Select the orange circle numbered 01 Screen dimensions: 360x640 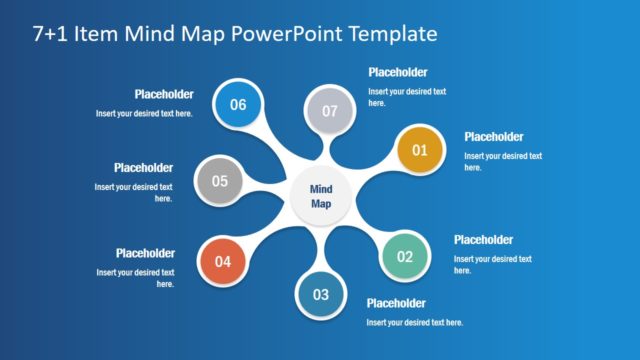click(420, 151)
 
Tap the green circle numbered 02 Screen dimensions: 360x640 click(405, 256)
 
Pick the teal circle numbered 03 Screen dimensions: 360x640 click(321, 294)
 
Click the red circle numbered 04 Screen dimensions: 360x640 click(223, 262)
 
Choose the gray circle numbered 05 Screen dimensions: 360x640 click(220, 181)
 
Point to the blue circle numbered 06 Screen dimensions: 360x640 click(238, 104)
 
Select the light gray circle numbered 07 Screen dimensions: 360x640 click(330, 111)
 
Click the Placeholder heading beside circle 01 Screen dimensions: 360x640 click(494, 137)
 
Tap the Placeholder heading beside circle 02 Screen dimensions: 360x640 click(483, 240)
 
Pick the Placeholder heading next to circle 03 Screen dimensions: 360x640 click(396, 303)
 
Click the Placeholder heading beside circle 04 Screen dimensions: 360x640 click(145, 253)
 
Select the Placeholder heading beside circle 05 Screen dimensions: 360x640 click(143, 168)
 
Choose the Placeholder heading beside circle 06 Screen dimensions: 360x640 click(164, 95)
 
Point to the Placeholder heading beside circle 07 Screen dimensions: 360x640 click(398, 73)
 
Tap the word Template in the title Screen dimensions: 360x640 click(387, 34)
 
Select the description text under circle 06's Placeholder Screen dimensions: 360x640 click(144, 113)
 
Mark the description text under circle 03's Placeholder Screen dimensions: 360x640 click(414, 322)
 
